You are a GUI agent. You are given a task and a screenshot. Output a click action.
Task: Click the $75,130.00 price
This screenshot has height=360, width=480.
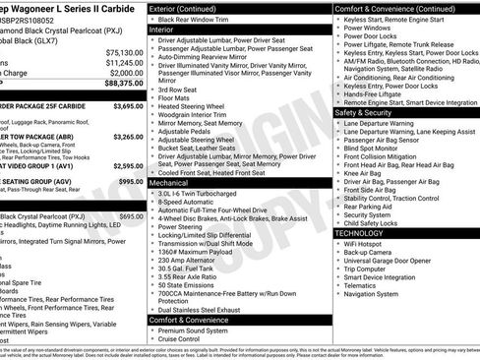click(124, 51)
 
